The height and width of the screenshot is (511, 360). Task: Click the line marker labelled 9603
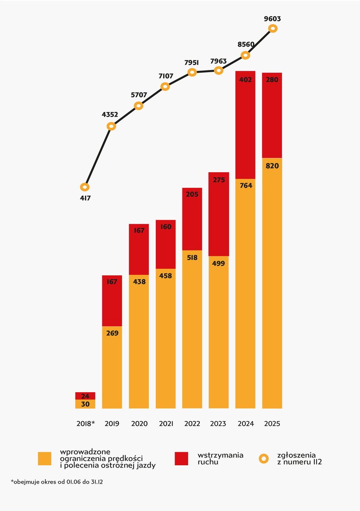pos(273,28)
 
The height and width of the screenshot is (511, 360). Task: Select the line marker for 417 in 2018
pos(85,187)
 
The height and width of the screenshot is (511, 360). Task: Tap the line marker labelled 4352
pos(111,127)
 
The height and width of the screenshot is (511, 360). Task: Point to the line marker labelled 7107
pos(165,86)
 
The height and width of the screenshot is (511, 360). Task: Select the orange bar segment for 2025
pos(272,283)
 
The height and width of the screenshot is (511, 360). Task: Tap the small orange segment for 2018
pos(85,404)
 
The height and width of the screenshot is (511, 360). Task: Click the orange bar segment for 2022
pos(192,329)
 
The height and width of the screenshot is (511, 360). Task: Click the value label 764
pos(245,186)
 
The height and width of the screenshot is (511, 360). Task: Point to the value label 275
pos(219,179)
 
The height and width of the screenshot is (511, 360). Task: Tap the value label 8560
pos(245,44)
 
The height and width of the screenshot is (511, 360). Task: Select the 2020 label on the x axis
pos(139,424)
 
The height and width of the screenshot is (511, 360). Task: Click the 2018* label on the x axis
pos(85,424)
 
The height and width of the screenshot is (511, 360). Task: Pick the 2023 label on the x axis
pos(219,424)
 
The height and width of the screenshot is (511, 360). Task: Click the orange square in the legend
pos(44,459)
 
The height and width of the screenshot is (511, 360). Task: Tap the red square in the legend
pos(181,459)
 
